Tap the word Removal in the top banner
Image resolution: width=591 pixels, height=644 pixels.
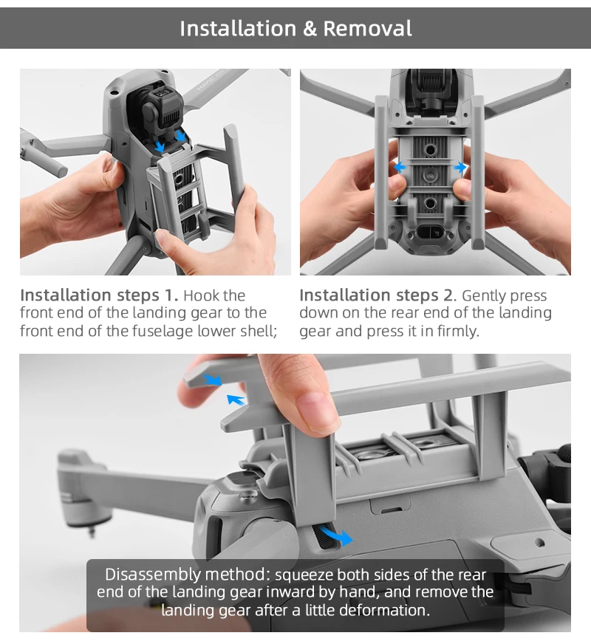point(367,29)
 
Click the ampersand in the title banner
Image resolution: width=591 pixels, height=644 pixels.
point(308,29)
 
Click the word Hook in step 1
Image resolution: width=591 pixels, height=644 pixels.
point(202,296)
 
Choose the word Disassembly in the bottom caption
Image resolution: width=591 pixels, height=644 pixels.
point(142,575)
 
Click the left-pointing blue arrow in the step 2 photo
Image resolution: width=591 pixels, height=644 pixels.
point(400,168)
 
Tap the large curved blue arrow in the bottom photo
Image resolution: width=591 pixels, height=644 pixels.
point(337,534)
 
